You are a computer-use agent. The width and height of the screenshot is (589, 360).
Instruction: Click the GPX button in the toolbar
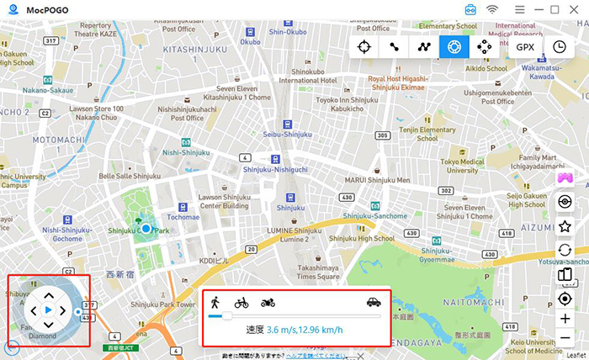(x=526, y=47)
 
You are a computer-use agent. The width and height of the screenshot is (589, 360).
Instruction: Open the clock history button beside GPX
(x=560, y=47)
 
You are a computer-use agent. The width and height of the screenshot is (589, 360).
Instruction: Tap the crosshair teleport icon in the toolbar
(x=364, y=47)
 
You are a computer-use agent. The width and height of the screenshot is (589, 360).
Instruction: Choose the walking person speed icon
(x=215, y=302)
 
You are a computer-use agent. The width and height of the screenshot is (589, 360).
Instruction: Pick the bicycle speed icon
(x=241, y=302)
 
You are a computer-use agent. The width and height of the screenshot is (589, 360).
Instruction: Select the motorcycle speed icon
(x=268, y=302)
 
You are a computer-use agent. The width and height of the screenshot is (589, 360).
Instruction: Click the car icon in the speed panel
(x=374, y=302)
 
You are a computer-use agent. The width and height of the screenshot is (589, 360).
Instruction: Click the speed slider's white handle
(x=226, y=316)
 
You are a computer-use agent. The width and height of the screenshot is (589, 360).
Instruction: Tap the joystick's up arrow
(x=48, y=295)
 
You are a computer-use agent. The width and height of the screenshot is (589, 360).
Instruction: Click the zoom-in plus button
(x=565, y=319)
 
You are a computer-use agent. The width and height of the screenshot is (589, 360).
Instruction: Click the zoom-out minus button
(x=565, y=337)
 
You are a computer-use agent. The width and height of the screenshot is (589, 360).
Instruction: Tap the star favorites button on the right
(x=565, y=226)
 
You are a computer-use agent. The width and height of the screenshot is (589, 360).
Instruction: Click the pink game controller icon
(x=565, y=177)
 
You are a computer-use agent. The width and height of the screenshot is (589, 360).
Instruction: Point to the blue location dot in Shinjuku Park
(x=146, y=228)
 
